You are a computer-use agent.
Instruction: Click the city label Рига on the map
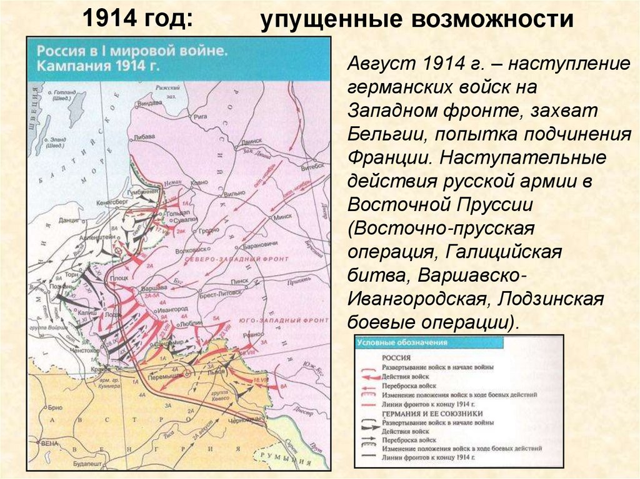tap(201, 116)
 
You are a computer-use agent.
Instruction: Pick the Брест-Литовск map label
tap(217, 292)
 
